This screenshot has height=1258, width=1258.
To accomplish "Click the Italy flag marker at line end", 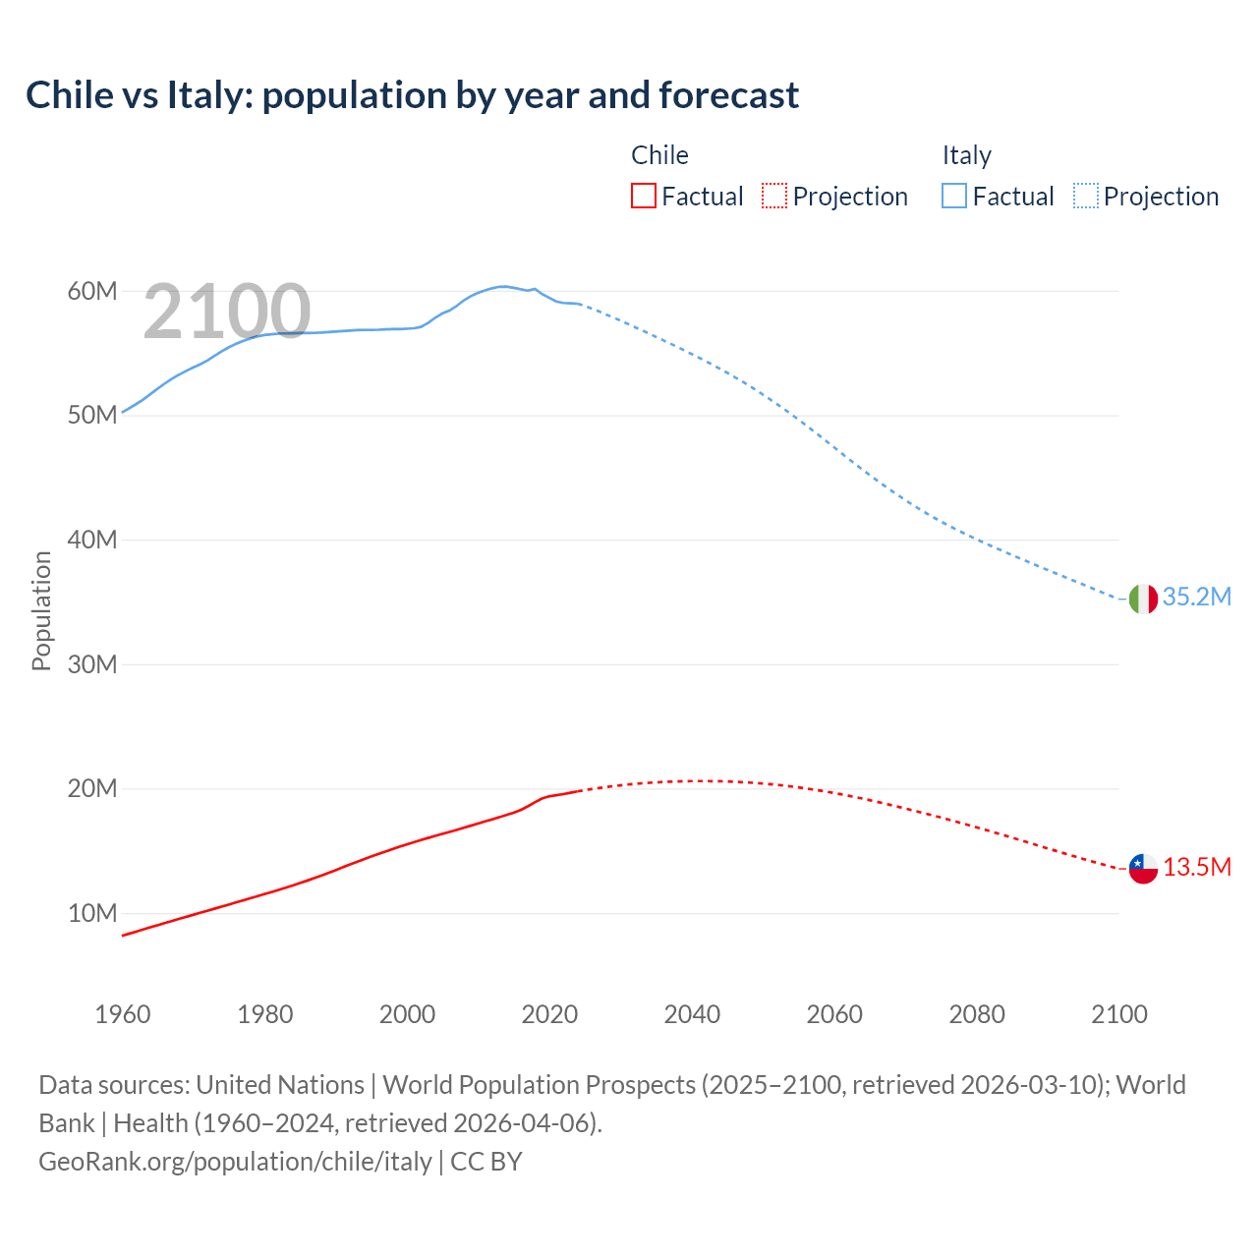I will (x=1143, y=599).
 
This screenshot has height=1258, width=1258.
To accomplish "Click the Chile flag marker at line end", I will (x=1143, y=869).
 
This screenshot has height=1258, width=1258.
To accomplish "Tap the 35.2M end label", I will (x=1196, y=598).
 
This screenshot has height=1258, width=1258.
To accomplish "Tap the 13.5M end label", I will (x=1196, y=868).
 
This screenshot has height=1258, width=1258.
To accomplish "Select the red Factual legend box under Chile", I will (x=643, y=196).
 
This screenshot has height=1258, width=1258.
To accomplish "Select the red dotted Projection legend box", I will (x=774, y=196).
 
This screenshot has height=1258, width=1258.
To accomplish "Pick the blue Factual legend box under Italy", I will (x=954, y=196).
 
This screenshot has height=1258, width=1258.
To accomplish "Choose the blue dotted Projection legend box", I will (x=1086, y=196).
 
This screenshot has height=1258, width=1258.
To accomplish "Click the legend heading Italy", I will (x=966, y=155).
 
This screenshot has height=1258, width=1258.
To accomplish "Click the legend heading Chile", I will (x=659, y=155).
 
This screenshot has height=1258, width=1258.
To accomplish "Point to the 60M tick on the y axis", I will (x=92, y=291).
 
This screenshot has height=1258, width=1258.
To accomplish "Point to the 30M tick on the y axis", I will (x=92, y=664).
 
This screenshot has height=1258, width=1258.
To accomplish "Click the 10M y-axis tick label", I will (x=92, y=913).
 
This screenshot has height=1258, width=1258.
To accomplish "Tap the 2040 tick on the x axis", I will (x=692, y=1014).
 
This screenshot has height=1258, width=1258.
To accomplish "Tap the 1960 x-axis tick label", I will (x=123, y=1014).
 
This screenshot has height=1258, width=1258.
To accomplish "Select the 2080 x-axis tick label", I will (x=976, y=1014).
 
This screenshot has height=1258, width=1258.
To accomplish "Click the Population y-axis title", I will (x=41, y=610).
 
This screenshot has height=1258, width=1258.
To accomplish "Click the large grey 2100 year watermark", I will (x=227, y=313).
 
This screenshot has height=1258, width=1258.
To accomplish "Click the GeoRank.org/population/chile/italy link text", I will (x=235, y=1162).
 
